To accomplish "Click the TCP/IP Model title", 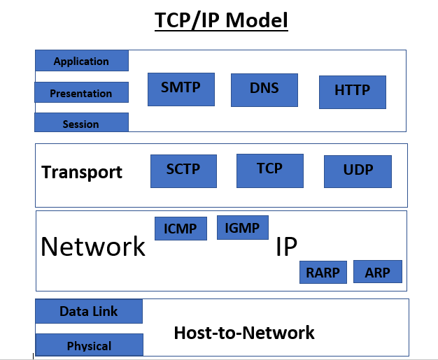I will [x=221, y=20].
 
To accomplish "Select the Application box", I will [x=82, y=61].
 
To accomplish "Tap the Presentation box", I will [x=82, y=93].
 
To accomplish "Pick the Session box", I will [x=81, y=123].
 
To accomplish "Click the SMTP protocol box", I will [x=181, y=89].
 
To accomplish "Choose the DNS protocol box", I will [x=264, y=89].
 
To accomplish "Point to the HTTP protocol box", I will [x=352, y=92].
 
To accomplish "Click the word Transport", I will [x=82, y=172].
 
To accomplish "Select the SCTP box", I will [x=183, y=171].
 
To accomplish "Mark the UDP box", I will [x=358, y=171].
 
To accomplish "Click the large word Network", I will [x=93, y=247].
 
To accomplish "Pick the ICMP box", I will [x=181, y=229].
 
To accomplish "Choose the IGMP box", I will [x=242, y=228].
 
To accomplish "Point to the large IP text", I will [x=286, y=247].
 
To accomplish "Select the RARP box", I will [x=323, y=272].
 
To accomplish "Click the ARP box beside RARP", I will [x=378, y=271].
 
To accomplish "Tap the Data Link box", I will [x=89, y=311].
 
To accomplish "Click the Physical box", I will [x=89, y=345].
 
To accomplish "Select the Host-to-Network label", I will [x=244, y=333].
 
